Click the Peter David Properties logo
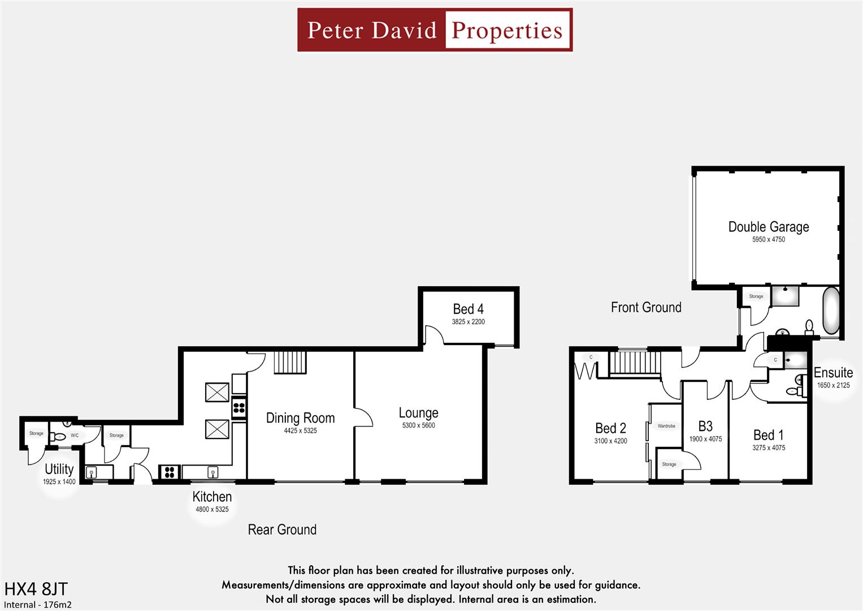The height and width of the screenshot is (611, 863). [x=435, y=30]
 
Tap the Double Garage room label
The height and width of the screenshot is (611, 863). [x=768, y=227]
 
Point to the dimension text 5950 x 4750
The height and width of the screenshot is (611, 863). [x=768, y=239]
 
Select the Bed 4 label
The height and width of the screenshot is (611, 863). [x=468, y=309]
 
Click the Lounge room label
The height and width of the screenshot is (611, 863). [x=418, y=413]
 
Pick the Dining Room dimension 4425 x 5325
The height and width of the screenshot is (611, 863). [x=300, y=431]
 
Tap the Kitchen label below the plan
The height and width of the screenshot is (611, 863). [x=212, y=497]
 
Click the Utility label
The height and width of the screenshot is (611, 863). [x=59, y=469]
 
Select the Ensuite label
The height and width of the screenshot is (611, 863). [x=833, y=373]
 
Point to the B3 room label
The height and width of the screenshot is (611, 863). [x=705, y=427]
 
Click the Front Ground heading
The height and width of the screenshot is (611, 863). [x=646, y=307]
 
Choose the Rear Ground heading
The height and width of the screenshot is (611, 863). [x=282, y=530]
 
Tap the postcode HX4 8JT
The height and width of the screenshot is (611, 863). [x=36, y=589]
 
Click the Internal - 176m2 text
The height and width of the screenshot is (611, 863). [x=38, y=604]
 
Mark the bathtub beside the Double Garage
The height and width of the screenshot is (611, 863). [x=831, y=311]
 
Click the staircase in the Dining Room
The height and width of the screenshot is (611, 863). [x=290, y=362]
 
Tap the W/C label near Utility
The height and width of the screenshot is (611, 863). [x=75, y=436]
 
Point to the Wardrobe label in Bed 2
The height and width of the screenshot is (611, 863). [x=666, y=426]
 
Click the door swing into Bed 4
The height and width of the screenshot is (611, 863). [x=434, y=335]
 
